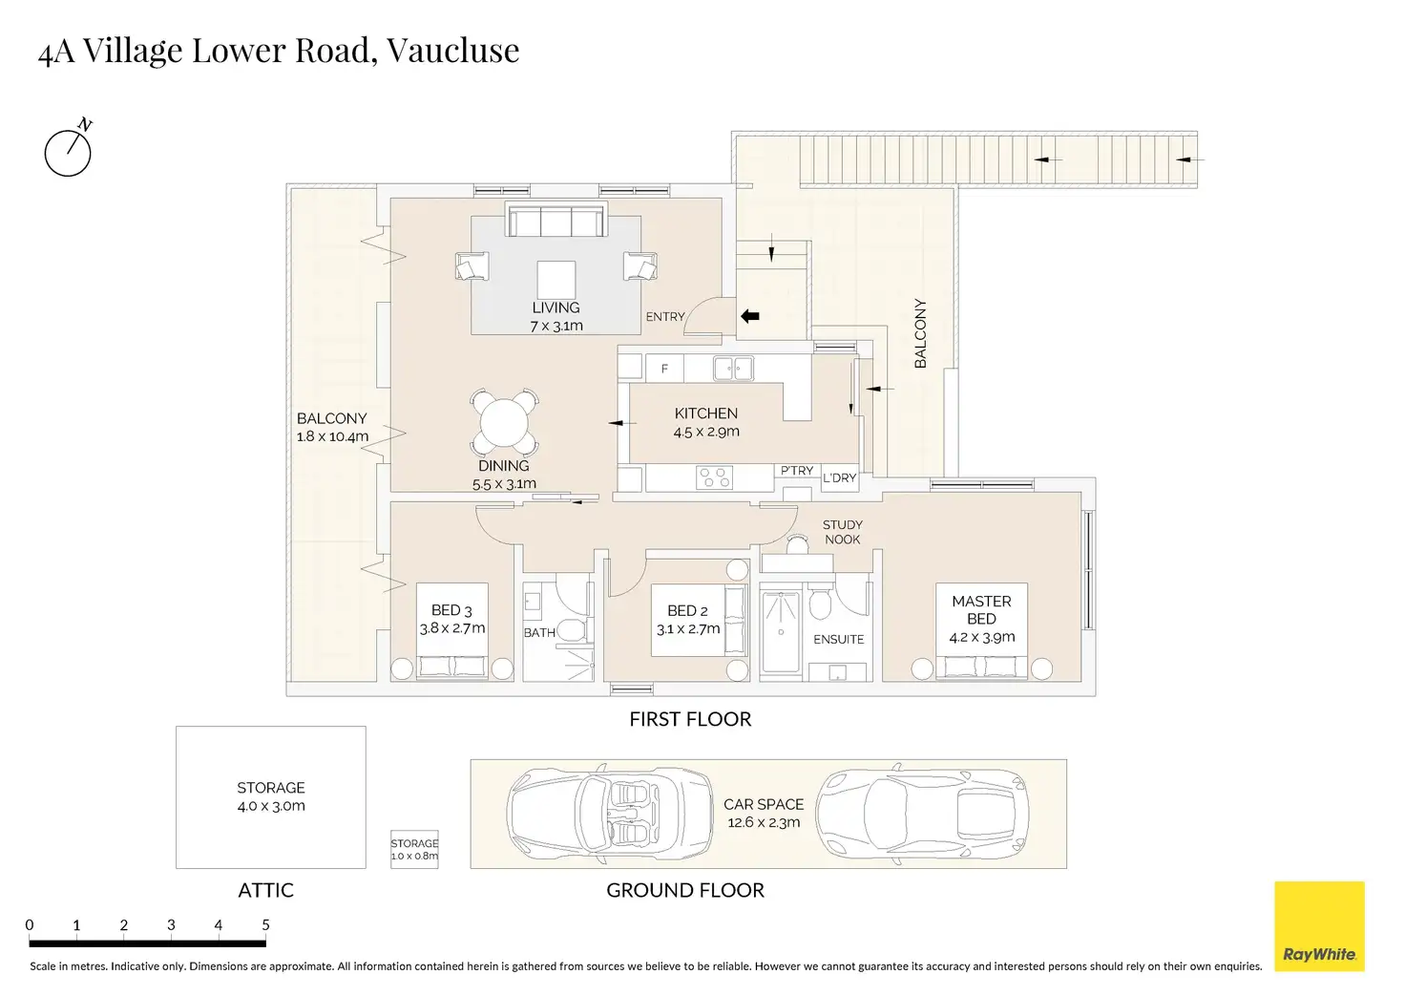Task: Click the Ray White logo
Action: tap(1319, 925)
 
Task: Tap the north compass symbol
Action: tap(69, 149)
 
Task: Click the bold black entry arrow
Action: tap(749, 316)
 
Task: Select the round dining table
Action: tap(504, 422)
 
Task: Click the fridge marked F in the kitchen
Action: tap(664, 369)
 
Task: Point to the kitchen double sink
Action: tap(733, 368)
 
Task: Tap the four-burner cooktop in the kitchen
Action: tap(714, 477)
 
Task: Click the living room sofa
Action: tap(556, 219)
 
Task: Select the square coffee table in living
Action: tap(556, 280)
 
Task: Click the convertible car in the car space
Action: tap(609, 814)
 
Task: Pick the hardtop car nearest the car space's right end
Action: tap(923, 814)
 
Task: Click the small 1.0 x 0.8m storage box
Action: tap(414, 849)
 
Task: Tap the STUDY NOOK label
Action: tap(843, 532)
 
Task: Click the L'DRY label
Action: tap(839, 477)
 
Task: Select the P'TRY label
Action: tap(797, 470)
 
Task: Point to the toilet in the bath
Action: tap(570, 629)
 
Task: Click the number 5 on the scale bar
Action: tap(266, 924)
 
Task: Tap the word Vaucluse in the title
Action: tap(452, 51)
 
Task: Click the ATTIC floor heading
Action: tap(266, 890)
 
